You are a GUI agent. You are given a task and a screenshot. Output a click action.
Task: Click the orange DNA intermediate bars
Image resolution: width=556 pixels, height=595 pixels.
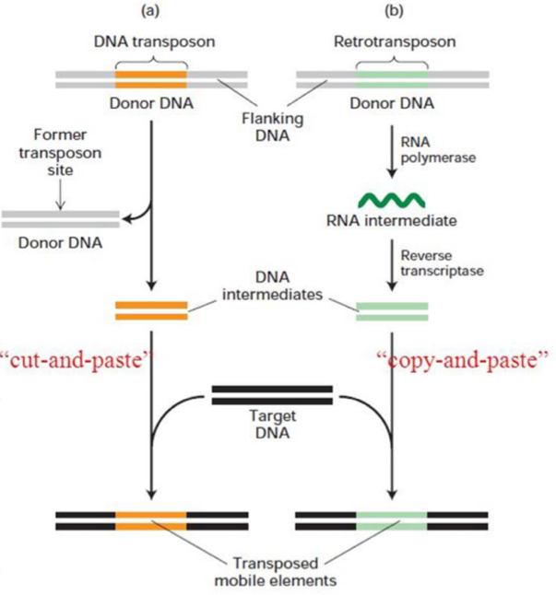click(x=151, y=310)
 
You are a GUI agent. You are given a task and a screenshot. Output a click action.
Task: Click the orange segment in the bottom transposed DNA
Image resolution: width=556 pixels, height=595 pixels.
click(x=151, y=519)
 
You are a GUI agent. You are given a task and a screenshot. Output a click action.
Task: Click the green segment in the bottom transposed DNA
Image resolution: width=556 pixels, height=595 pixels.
click(x=392, y=519)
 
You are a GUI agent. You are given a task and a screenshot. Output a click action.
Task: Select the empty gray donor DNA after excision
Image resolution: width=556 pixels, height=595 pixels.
click(x=61, y=218)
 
